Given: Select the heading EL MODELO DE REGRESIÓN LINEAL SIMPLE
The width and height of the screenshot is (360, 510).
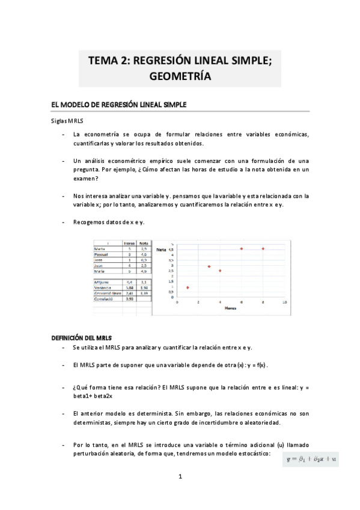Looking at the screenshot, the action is tap(119, 105).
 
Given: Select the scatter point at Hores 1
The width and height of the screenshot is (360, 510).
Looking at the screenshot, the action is tap(188, 287).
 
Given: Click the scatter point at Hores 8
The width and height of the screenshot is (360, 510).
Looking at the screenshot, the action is tap(263, 248).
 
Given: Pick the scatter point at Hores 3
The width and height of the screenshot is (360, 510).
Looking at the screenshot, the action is tap(209, 266).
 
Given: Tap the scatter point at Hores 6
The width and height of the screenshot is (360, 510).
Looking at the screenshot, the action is tap(242, 248).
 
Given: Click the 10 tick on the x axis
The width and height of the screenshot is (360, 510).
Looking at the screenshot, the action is tap(284, 302).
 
